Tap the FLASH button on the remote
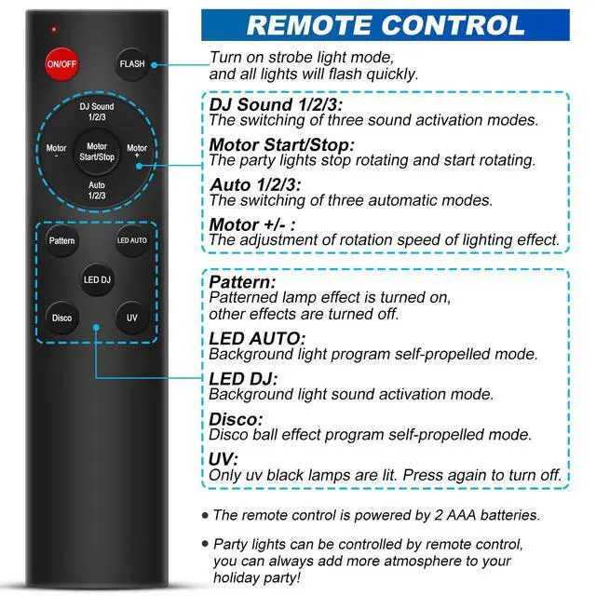(x=131, y=64)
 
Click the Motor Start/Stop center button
(x=97, y=152)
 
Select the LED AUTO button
(x=131, y=240)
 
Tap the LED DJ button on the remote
(x=97, y=279)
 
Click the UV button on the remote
(x=131, y=318)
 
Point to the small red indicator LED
(x=54, y=29)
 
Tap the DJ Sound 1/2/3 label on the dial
(x=97, y=112)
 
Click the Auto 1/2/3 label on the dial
(x=97, y=190)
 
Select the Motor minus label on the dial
(x=56, y=150)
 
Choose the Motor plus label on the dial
(x=137, y=150)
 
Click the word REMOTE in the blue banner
(x=308, y=25)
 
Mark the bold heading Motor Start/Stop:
(x=281, y=145)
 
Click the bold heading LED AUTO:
(x=257, y=338)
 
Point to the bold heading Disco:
(x=236, y=419)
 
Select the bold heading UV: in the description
(x=223, y=459)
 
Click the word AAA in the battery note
(x=461, y=515)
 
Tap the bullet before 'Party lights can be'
(x=205, y=544)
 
